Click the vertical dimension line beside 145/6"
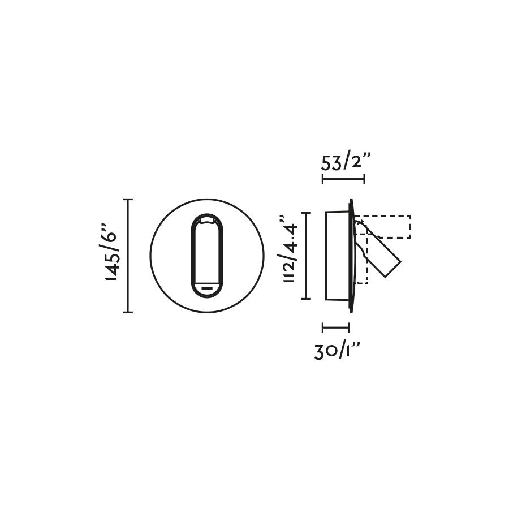128,256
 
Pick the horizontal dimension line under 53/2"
343,179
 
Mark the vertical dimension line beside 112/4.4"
306,256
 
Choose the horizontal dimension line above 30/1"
336,327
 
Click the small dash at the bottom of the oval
207,288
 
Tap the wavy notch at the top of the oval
207,222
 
